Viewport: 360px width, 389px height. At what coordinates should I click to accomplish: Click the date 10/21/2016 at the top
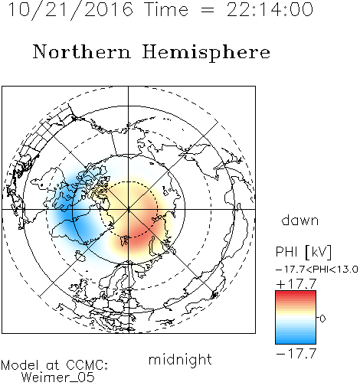pyautogui.click(x=70, y=10)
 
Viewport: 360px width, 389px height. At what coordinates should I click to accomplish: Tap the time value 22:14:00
pyautogui.click(x=270, y=9)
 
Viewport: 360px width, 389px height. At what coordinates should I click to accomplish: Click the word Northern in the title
pyautogui.click(x=82, y=51)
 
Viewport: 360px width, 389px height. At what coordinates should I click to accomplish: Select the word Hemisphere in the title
pyautogui.click(x=206, y=53)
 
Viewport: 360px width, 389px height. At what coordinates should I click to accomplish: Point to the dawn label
pyautogui.click(x=300, y=220)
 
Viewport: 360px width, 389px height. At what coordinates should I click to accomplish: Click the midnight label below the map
pyautogui.click(x=180, y=360)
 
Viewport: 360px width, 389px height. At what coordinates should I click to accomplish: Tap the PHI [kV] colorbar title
pyautogui.click(x=303, y=252)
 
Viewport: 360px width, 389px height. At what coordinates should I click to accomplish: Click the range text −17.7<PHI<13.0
pyautogui.click(x=316, y=270)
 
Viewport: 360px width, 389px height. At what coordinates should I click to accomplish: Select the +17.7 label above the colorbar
pyautogui.click(x=296, y=284)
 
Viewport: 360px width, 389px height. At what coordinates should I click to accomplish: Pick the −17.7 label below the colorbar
pyautogui.click(x=296, y=354)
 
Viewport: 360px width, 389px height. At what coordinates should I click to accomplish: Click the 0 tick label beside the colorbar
pyautogui.click(x=322, y=319)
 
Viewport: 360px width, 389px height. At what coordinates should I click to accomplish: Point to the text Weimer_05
pyautogui.click(x=58, y=378)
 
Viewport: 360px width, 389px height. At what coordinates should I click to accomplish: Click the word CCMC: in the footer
pyautogui.click(x=87, y=365)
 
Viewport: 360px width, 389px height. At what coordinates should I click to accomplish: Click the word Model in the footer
pyautogui.click(x=20, y=365)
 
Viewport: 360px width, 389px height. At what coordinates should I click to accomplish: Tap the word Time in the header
pyautogui.click(x=166, y=9)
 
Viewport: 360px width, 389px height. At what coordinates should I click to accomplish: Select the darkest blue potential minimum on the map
pyautogui.click(x=67, y=214)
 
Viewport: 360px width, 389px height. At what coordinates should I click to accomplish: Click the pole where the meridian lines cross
pyautogui.click(x=129, y=209)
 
